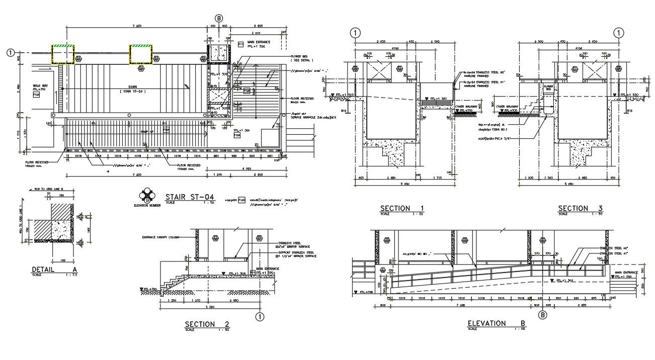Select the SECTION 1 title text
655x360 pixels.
tap(402, 208)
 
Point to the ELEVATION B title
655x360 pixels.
tap(493, 323)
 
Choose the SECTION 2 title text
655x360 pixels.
tap(207, 324)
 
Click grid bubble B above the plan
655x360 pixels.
tap(219, 18)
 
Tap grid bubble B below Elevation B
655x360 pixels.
tap(542, 315)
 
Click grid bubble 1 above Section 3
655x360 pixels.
tap(618, 33)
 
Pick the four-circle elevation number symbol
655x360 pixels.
tap(147, 195)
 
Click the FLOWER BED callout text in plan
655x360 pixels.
tap(300, 56)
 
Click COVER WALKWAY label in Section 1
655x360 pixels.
tap(465, 107)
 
